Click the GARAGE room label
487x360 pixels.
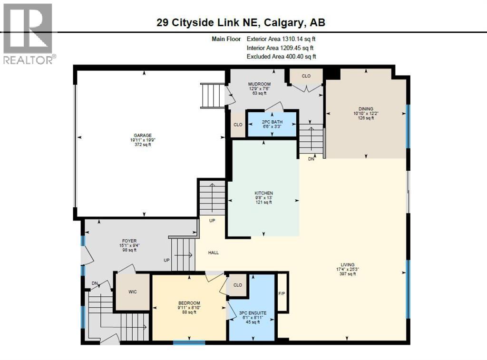click(142, 136)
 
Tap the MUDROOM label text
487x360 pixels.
click(260, 84)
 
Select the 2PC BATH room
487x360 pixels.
click(272, 124)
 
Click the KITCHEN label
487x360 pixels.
click(263, 193)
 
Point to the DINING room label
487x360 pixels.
click(366, 108)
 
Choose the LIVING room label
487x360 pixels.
click(347, 265)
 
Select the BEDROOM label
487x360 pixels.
click(189, 303)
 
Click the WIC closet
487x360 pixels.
click(133, 292)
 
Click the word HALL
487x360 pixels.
click(214, 253)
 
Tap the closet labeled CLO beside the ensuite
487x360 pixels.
click(238, 285)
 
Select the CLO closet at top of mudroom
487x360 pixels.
click(306, 76)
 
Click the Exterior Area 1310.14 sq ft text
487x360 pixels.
click(281, 39)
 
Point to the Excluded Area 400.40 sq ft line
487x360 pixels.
click(281, 57)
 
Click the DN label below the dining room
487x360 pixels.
click(311, 159)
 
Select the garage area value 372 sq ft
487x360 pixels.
click(142, 145)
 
